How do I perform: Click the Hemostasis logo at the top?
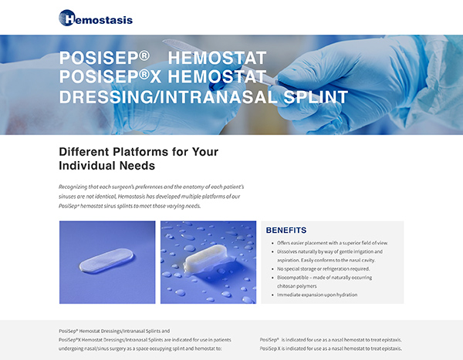point(96,18)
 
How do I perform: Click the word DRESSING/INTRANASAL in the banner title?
point(168,97)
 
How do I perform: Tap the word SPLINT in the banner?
point(316,97)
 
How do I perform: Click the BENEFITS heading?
point(286,230)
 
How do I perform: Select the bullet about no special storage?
point(323,269)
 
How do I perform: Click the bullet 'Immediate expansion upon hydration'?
point(317,294)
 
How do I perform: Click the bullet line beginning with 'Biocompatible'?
point(324,278)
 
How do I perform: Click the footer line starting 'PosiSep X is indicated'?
point(331,348)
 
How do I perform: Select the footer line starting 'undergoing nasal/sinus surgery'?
point(140,348)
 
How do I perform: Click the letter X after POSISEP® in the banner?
point(155,77)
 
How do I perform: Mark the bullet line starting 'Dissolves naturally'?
point(330,251)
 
